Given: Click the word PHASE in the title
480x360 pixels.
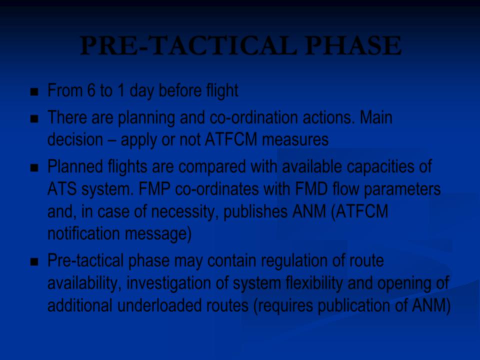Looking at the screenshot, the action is [353, 45].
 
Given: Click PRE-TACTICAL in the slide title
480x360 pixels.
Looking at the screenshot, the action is [188, 45].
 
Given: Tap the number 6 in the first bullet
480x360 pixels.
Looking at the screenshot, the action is [91, 90].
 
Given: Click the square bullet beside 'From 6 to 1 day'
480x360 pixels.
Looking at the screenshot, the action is [34, 91].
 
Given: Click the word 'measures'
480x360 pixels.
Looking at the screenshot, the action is [295, 140].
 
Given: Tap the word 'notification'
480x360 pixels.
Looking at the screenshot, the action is [83, 233].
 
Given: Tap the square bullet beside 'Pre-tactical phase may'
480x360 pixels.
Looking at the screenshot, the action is [34, 261].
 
